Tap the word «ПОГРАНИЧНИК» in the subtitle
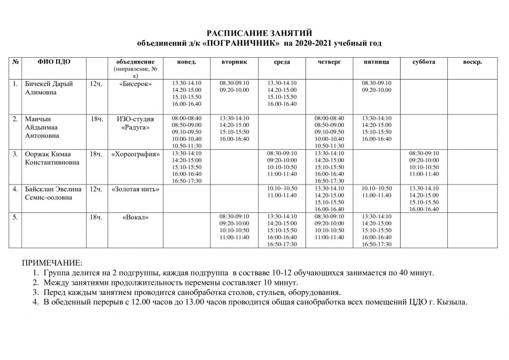tap(241, 43)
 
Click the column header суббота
tap(424, 62)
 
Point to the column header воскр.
tap(472, 62)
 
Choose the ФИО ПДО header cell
tap(54, 62)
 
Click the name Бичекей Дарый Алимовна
tap(49, 88)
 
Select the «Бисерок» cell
tap(136, 84)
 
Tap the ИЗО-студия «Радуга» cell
tap(135, 123)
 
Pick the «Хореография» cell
tap(136, 154)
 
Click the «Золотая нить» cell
tap(136, 189)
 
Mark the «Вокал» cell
tap(136, 217)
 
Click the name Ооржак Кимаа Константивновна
tap(52, 158)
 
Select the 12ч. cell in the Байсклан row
tap(96, 189)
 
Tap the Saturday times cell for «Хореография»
tap(424, 164)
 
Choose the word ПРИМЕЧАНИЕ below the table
tap(51, 262)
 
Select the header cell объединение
tap(135, 62)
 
